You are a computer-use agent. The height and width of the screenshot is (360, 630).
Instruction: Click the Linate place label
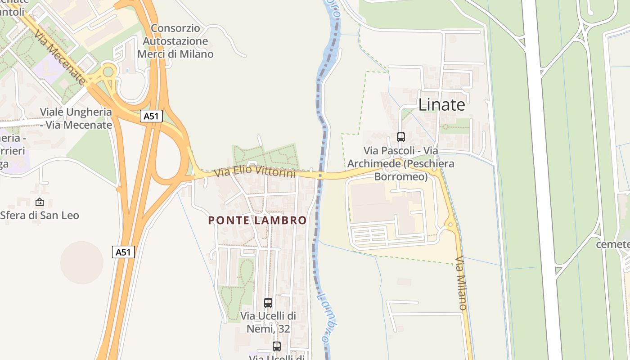pyautogui.click(x=441, y=105)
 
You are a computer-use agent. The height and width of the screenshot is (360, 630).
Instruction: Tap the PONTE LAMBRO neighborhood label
pyautogui.click(x=257, y=220)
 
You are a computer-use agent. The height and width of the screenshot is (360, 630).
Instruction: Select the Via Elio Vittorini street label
pyautogui.click(x=255, y=171)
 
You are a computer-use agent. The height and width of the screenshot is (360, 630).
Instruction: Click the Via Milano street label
pyautogui.click(x=461, y=283)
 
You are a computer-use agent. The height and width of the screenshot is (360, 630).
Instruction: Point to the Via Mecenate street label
pyautogui.click(x=59, y=57)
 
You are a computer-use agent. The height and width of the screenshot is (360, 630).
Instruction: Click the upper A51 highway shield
pyautogui.click(x=151, y=116)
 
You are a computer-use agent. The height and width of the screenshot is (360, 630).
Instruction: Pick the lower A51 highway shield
pyautogui.click(x=123, y=252)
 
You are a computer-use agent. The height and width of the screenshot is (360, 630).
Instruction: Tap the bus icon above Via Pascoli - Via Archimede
pyautogui.click(x=400, y=137)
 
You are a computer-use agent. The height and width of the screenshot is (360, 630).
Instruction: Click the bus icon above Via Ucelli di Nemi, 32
pyautogui.click(x=268, y=302)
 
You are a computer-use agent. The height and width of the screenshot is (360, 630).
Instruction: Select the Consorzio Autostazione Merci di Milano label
pyautogui.click(x=175, y=41)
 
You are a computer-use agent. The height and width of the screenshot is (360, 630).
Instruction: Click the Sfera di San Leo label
pyautogui.click(x=40, y=216)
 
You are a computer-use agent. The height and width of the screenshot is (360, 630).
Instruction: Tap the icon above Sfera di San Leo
pyautogui.click(x=40, y=202)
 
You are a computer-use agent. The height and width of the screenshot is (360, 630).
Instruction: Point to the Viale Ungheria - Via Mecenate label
pyautogui.click(x=76, y=118)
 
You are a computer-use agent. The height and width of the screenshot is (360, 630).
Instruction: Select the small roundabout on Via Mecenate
pyautogui.click(x=108, y=71)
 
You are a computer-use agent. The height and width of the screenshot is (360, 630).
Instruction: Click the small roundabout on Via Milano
pyautogui.click(x=450, y=223)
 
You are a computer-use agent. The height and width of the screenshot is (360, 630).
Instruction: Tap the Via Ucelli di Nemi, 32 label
pyautogui.click(x=268, y=322)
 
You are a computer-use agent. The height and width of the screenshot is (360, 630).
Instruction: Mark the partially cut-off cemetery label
pyautogui.click(x=612, y=244)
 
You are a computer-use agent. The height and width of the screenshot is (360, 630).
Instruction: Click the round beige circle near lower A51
pyautogui.click(x=82, y=262)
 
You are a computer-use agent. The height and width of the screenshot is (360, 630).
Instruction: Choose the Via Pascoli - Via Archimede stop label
pyautogui.click(x=400, y=163)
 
